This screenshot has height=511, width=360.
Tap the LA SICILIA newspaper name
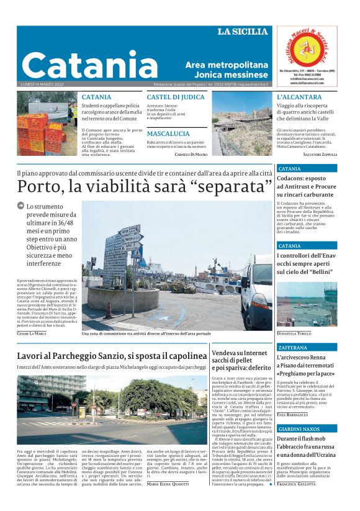click(x=243, y=32)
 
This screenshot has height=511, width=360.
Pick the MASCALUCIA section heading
click(x=168, y=133)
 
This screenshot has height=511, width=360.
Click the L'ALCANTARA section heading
click(x=299, y=97)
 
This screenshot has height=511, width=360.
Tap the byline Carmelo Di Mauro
click(x=192, y=154)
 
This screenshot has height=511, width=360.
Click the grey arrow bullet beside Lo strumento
click(x=20, y=206)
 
